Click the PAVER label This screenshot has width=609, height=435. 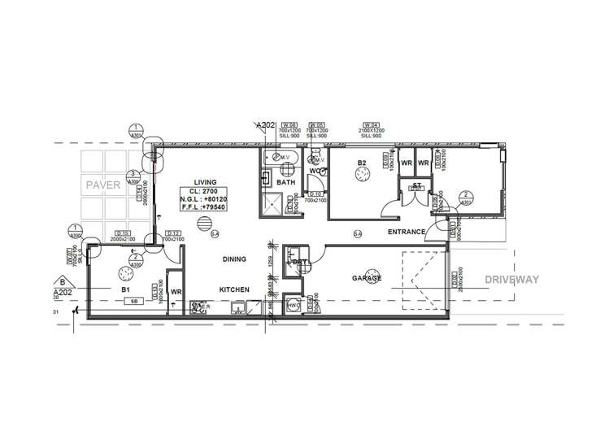pyautogui.click(x=102, y=186)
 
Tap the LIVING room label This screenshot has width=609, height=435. pyautogui.click(x=204, y=181)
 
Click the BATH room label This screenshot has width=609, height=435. pyautogui.click(x=285, y=184)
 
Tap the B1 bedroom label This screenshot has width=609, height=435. pyautogui.click(x=126, y=289)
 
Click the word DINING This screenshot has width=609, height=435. pyautogui.click(x=235, y=259)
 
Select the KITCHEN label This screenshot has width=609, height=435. pyautogui.click(x=233, y=289)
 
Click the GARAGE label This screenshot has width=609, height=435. pyautogui.click(x=367, y=278)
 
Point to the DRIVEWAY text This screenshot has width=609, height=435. pyautogui.click(x=512, y=279)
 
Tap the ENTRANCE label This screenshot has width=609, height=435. pyautogui.click(x=406, y=233)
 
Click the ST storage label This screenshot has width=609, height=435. pyautogui.click(x=415, y=185)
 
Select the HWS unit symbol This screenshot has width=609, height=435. pyautogui.click(x=291, y=306)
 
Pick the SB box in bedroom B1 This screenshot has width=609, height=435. pyautogui.click(x=130, y=301)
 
